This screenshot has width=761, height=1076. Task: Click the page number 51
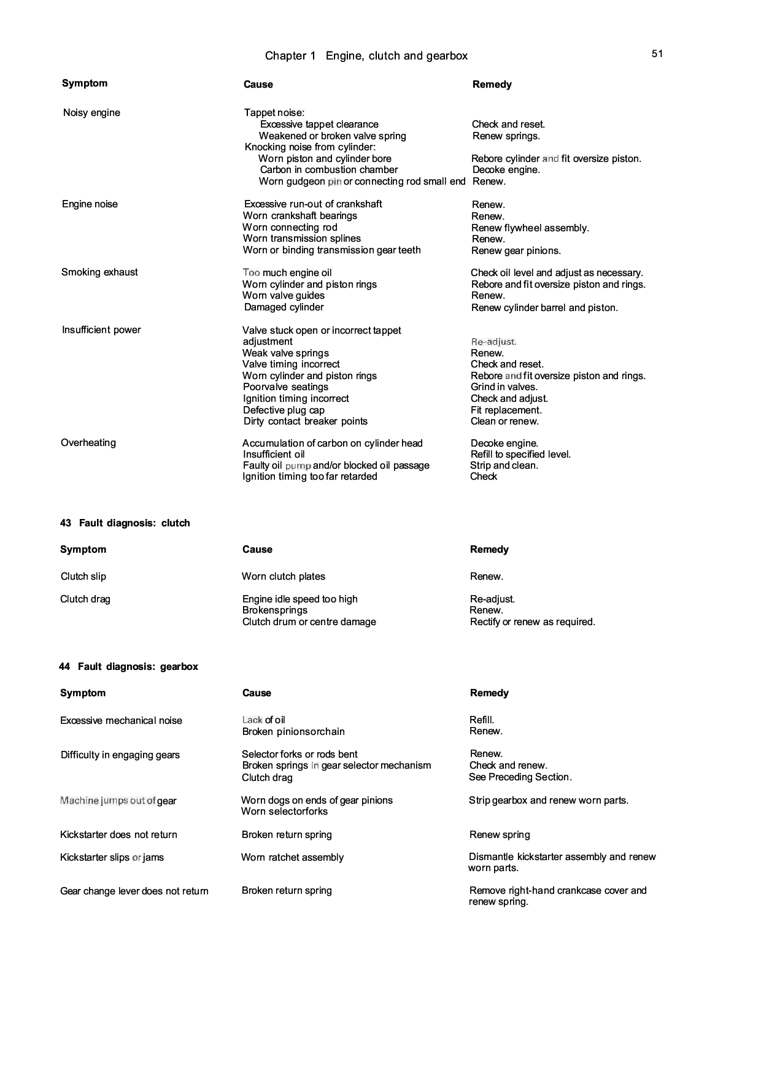point(657,54)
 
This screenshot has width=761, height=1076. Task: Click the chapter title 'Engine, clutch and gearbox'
point(396,56)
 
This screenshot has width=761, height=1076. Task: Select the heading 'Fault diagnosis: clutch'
point(134,523)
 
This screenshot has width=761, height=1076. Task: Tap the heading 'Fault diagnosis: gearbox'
point(137,667)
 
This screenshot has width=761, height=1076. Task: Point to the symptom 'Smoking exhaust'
point(99,272)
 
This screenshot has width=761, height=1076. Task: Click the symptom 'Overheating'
point(88,443)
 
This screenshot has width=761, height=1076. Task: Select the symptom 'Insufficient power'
point(101,330)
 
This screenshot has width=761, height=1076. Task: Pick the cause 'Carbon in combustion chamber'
point(328,170)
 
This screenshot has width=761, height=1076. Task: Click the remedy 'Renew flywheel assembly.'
point(530,228)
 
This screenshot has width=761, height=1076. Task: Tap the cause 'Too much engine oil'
point(287,273)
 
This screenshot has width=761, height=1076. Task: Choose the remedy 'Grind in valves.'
point(504,387)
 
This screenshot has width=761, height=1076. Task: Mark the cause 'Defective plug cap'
point(284,410)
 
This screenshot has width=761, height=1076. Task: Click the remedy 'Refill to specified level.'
point(520,455)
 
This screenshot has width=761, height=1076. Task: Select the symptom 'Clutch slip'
point(83,577)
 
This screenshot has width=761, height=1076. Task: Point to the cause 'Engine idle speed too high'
point(299,599)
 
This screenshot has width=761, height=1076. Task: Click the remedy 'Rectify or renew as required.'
point(532,622)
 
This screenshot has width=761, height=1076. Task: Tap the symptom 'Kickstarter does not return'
point(118,835)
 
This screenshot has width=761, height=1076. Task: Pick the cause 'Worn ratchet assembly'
point(292,858)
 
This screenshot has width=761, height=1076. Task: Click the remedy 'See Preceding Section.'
point(520,777)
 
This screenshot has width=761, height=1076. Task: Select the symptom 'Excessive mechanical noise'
point(121,721)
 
